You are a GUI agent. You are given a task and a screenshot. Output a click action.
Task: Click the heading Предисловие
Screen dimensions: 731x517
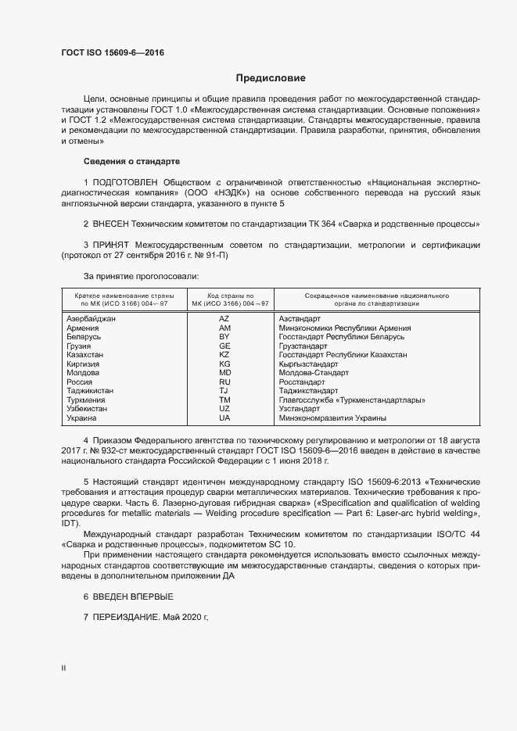[x=271, y=78]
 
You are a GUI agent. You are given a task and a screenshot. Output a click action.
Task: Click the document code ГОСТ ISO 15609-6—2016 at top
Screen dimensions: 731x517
[x=113, y=53]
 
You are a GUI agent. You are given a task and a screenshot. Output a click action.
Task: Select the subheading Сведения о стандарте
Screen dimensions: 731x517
[x=131, y=161]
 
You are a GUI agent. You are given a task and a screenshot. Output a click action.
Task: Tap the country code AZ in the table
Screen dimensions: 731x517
[x=224, y=319]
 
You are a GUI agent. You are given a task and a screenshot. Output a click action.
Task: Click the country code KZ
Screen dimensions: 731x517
[x=224, y=354]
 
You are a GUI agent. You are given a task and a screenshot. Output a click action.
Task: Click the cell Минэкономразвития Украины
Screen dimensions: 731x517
[x=329, y=417]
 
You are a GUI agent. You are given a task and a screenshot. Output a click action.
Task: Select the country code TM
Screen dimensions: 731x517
[x=224, y=400]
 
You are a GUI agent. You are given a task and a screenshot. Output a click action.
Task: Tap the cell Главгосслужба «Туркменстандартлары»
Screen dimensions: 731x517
[x=352, y=400]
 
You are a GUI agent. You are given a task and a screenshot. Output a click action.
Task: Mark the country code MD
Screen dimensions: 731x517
[x=224, y=373]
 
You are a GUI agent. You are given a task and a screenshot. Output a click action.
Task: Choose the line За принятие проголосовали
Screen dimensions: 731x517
[x=141, y=276]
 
